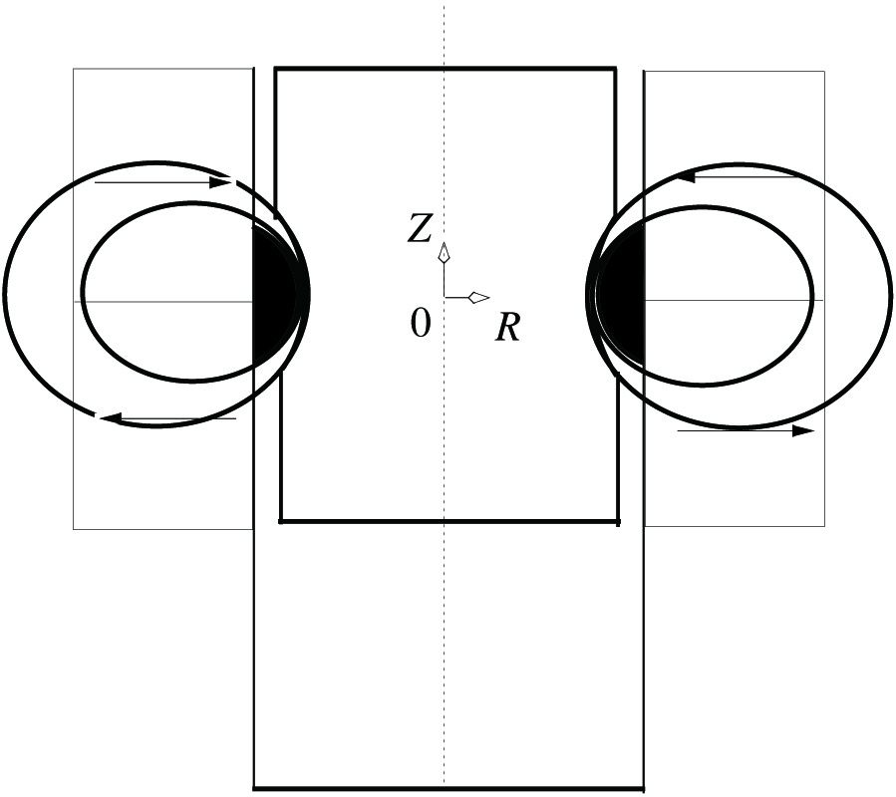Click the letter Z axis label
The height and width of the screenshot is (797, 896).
[420, 229]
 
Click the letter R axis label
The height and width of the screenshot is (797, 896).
[508, 328]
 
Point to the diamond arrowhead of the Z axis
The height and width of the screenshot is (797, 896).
[444, 252]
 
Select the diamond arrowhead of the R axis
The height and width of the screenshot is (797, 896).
[478, 297]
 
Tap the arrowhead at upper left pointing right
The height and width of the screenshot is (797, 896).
[220, 183]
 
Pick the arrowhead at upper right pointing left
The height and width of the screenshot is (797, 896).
[685, 176]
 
